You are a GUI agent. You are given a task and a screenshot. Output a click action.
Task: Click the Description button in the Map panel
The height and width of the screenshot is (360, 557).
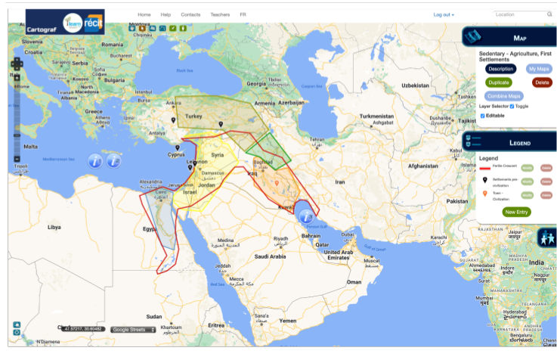[500, 69]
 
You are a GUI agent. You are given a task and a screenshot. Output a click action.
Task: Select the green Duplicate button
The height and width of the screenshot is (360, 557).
[498, 82]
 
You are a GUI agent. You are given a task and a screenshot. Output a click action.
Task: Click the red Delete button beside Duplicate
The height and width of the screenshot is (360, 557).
[541, 82]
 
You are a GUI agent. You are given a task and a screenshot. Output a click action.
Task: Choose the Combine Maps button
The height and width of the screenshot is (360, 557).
[503, 96]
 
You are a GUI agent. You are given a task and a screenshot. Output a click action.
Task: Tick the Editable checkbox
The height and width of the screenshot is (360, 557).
[483, 116]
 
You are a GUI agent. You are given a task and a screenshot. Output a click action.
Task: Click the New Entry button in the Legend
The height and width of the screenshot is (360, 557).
[517, 212]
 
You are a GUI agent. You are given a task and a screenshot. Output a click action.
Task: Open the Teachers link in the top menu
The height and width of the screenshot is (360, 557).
[220, 14]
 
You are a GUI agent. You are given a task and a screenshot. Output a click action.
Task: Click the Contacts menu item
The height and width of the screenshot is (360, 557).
[190, 14]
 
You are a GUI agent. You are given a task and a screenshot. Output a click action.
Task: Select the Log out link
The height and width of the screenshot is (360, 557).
[443, 14]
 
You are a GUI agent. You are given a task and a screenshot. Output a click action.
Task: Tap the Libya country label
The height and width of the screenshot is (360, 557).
[54, 227]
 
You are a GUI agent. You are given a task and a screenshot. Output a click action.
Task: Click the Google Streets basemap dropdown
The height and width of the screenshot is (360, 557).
[133, 330]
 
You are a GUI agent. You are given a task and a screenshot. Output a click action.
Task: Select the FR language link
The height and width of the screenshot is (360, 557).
[243, 14]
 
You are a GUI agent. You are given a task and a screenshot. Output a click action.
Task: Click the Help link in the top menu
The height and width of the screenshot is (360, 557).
[166, 14]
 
